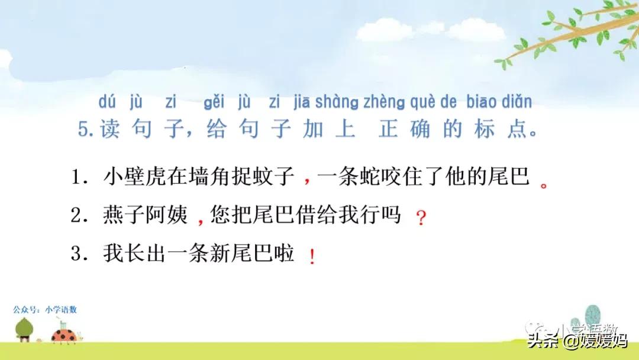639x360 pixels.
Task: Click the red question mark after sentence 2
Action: point(421,218)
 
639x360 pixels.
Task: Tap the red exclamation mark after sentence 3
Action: point(312,256)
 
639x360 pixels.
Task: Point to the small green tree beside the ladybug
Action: point(24,328)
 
